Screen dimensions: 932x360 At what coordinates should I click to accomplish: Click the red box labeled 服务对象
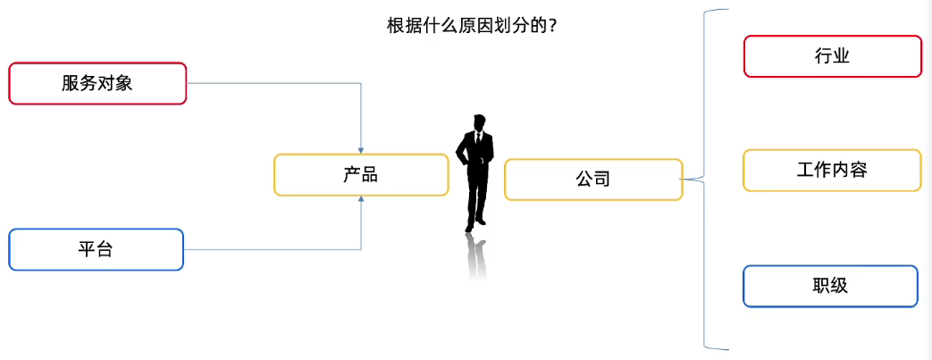pyautogui.click(x=97, y=83)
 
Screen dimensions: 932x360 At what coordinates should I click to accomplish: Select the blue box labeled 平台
pyautogui.click(x=96, y=249)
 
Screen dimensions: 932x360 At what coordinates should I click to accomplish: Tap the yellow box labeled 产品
pyautogui.click(x=360, y=175)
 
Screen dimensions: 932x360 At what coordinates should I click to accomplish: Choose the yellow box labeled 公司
pyautogui.click(x=593, y=180)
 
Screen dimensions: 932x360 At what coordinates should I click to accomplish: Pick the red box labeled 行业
pyautogui.click(x=832, y=56)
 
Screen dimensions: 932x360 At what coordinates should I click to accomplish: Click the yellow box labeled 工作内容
pyautogui.click(x=832, y=170)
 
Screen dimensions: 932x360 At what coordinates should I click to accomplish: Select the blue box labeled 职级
pyautogui.click(x=830, y=286)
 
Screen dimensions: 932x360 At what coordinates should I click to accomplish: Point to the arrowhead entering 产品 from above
pyautogui.click(x=361, y=149)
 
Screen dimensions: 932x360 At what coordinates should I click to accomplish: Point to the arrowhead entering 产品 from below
pyautogui.click(x=361, y=201)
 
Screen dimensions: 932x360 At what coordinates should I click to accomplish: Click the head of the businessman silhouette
pyautogui.click(x=480, y=122)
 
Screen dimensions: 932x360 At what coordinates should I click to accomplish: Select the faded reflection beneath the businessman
pyautogui.click(x=478, y=255)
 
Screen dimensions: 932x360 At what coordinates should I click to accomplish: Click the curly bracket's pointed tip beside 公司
pyautogui.click(x=682, y=180)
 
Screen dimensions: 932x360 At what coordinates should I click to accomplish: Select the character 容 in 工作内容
pyautogui.click(x=858, y=170)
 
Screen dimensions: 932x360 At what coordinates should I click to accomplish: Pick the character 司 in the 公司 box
pyautogui.click(x=601, y=180)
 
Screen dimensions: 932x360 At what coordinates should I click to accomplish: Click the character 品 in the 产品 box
pyautogui.click(x=369, y=175)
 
